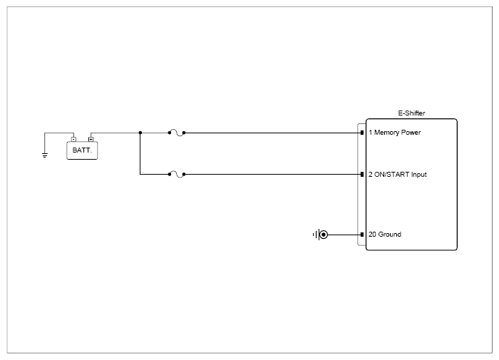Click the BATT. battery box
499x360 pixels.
click(x=82, y=150)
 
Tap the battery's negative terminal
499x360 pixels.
click(x=74, y=140)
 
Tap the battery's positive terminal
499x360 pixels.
click(x=91, y=140)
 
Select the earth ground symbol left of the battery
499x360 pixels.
click(x=45, y=155)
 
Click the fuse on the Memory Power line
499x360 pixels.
click(x=177, y=133)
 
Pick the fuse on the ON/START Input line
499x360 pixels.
click(x=177, y=175)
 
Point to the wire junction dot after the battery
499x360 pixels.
click(x=140, y=133)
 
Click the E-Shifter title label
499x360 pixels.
click(x=411, y=113)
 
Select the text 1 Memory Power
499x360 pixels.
click(x=395, y=133)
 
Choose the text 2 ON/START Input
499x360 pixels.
click(x=398, y=175)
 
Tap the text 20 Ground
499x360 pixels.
click(x=385, y=235)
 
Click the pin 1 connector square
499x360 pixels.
click(x=362, y=133)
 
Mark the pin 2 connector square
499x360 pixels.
click(x=362, y=175)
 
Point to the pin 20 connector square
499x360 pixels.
click(x=362, y=235)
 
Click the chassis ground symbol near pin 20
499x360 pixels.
click(x=321, y=235)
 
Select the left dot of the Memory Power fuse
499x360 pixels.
click(x=170, y=133)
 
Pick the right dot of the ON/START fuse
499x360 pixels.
click(x=184, y=175)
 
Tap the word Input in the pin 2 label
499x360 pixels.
click(x=419, y=175)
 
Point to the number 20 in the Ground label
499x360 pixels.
click(x=372, y=235)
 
